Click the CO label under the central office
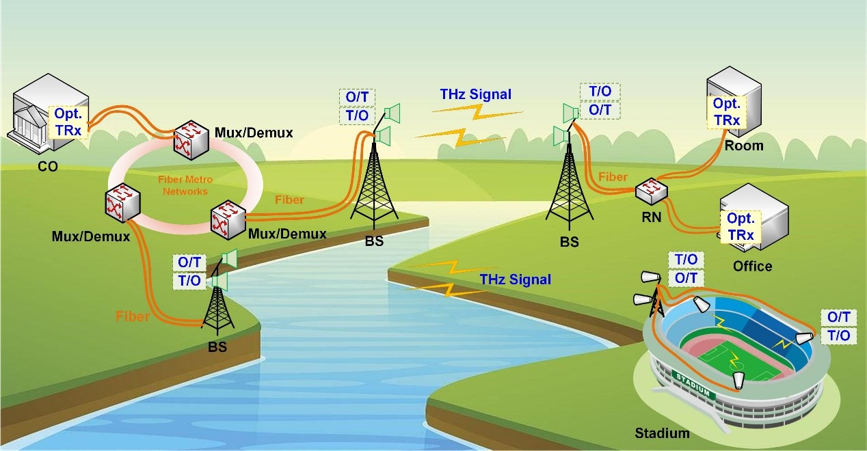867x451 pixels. (x=48, y=166)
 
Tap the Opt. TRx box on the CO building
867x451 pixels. (x=68, y=122)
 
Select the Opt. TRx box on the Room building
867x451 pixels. (x=727, y=112)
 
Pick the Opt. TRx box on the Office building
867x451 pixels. (x=741, y=227)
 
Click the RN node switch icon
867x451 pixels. (x=652, y=191)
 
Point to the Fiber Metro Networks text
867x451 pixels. (x=185, y=185)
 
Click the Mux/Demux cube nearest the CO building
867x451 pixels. (x=191, y=139)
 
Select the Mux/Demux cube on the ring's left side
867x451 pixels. (x=122, y=203)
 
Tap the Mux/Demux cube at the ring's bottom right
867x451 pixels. (x=228, y=220)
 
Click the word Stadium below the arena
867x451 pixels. (x=662, y=433)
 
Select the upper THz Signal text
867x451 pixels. (x=475, y=94)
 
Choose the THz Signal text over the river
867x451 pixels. (x=515, y=279)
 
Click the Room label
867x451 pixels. (x=744, y=146)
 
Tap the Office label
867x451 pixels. (x=752, y=266)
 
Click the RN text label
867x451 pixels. (x=652, y=217)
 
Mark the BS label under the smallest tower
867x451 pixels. (x=217, y=347)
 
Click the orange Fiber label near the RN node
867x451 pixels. (x=613, y=177)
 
